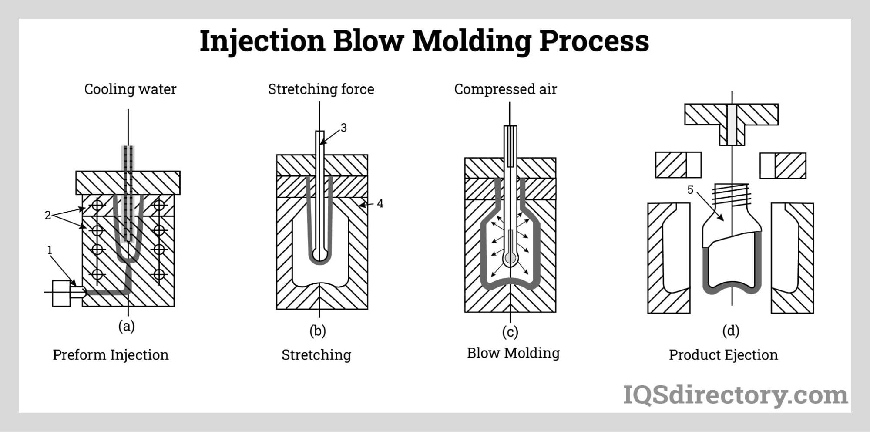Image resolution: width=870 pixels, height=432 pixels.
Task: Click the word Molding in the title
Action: coord(472,41)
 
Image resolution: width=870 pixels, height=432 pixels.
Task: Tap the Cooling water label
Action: coord(130,89)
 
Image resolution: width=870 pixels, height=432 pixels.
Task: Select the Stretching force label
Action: coord(321,89)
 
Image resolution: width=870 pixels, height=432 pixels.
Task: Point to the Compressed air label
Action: coord(505,89)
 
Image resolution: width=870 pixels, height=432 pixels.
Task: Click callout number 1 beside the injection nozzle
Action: coord(50,250)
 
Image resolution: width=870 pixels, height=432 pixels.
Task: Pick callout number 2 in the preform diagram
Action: coord(47,215)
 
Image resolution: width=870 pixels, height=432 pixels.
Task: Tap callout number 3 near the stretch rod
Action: coord(343,128)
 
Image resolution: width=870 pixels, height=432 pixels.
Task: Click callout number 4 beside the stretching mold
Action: coord(380,203)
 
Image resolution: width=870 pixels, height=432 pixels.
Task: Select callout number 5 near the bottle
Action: coord(690,190)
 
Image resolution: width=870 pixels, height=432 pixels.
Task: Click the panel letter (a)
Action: coord(127,326)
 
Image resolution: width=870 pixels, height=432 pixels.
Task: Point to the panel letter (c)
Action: coord(510,332)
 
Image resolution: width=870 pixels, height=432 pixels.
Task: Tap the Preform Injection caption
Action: coord(111,355)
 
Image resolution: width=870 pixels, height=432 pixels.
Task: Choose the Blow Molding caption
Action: coord(513,353)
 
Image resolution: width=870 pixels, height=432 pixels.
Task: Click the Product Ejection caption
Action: coord(723,355)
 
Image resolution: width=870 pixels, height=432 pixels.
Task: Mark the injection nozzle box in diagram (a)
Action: coord(61,293)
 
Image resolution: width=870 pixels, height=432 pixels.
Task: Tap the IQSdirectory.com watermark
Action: coord(736,395)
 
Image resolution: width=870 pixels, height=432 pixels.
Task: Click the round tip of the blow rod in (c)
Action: coord(510,259)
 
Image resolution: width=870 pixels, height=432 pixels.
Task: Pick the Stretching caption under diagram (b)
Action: coord(316,355)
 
